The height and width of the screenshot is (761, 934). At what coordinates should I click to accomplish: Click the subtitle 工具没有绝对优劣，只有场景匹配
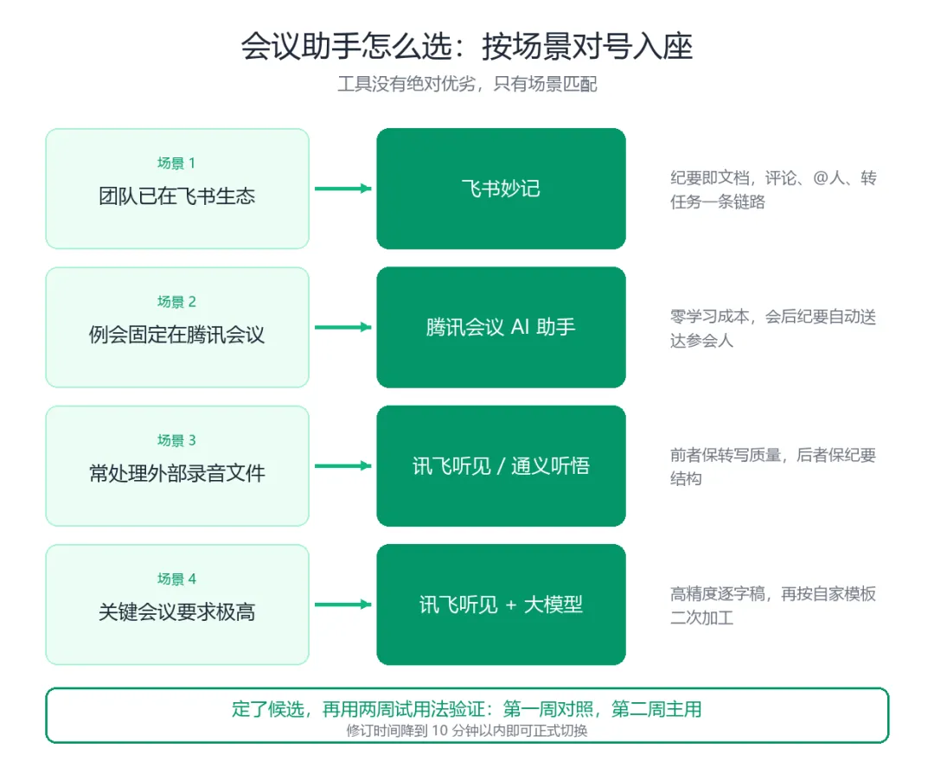coord(467,84)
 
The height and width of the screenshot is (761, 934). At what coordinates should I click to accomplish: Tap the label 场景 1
coord(176,163)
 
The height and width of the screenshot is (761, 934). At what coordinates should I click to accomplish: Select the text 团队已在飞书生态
coord(177,196)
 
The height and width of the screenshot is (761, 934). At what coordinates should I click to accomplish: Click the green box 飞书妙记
coord(501,189)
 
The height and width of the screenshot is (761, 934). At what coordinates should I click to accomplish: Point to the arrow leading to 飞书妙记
coord(343,189)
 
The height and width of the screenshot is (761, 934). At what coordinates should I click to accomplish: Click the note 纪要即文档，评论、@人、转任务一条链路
coord(773,189)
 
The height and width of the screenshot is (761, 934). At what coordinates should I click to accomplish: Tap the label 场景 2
coord(176,301)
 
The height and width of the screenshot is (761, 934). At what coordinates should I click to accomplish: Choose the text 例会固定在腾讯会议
coord(177,335)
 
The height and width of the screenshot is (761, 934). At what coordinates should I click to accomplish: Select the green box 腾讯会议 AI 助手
coord(501,327)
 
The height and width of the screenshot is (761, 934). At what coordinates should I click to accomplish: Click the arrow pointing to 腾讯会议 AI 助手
coord(343,327)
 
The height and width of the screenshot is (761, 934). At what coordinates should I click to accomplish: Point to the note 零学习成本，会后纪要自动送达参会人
coord(773,328)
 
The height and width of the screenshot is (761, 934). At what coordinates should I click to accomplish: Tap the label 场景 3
coord(176,440)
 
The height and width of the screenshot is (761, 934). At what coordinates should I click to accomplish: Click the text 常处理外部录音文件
coord(177,473)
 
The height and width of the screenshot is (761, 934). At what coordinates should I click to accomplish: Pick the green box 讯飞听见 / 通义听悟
coord(501,465)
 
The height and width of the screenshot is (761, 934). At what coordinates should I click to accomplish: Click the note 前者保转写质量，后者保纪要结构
coord(773,467)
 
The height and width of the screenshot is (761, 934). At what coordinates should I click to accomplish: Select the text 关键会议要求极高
coord(177,612)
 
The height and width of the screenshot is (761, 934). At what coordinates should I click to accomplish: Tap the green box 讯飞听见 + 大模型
coord(501,604)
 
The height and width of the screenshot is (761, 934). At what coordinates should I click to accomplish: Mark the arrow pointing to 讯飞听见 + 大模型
coord(343,604)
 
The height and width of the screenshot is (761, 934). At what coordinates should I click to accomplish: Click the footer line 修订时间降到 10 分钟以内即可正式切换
coord(467,731)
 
